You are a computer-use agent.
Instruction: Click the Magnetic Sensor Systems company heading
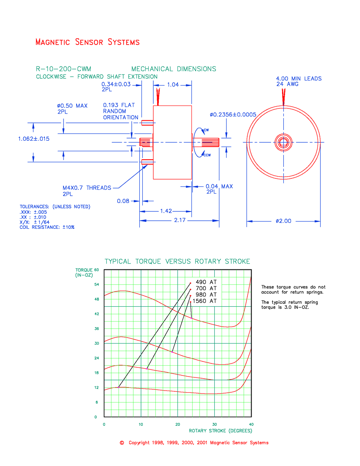point(88,42)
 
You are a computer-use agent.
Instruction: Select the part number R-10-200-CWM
point(64,69)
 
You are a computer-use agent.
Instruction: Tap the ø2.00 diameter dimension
point(283,221)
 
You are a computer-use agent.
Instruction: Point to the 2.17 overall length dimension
point(179,221)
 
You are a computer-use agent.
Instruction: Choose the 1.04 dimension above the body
point(173,85)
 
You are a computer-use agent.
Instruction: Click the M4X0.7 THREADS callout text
point(87,188)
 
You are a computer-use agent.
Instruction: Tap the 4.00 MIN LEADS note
point(299,78)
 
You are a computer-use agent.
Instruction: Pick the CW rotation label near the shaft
point(206,130)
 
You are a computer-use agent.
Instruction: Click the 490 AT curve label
point(206,282)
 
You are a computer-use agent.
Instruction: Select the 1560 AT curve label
point(205,301)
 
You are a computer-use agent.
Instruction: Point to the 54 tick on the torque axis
point(96,284)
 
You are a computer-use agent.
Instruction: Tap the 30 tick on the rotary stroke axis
point(214,424)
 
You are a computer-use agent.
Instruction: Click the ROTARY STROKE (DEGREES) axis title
point(220,431)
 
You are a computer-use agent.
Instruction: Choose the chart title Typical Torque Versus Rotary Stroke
point(177,261)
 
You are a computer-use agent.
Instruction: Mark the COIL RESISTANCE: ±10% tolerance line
point(47,227)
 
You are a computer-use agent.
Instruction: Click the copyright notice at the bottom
point(194,443)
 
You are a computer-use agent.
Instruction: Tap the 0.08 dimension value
point(123,201)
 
